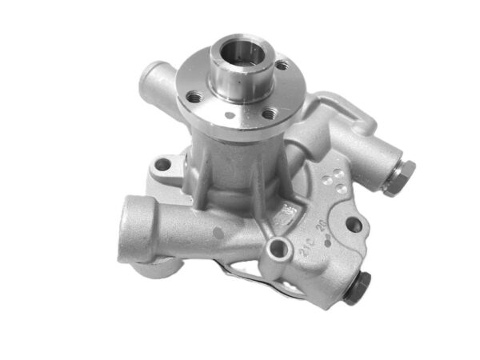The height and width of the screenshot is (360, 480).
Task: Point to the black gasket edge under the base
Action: (x=264, y=285)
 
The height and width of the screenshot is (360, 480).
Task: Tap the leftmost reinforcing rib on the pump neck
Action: (x=199, y=172)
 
